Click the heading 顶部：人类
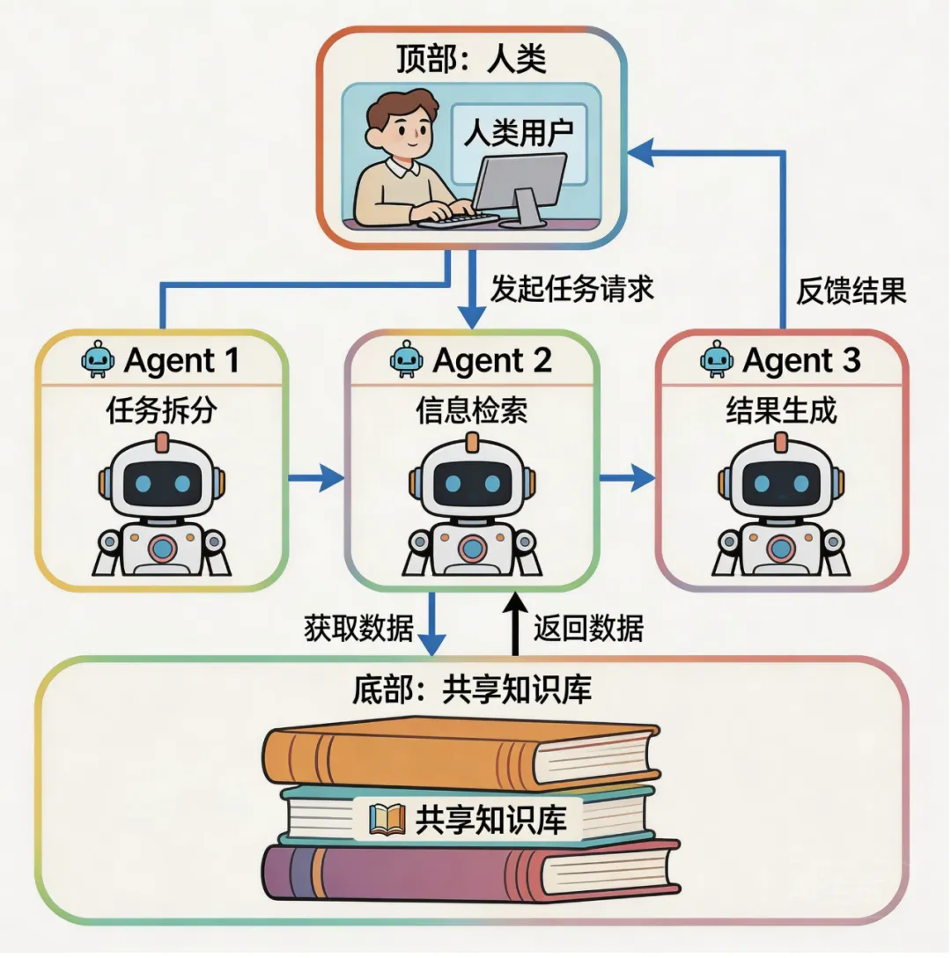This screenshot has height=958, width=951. [x=473, y=60]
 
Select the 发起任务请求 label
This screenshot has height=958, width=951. [x=572, y=290]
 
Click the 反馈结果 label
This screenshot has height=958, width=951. [x=851, y=291]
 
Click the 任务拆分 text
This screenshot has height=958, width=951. [x=161, y=410]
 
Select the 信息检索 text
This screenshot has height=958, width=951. [x=472, y=410]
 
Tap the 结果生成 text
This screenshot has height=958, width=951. [x=781, y=410]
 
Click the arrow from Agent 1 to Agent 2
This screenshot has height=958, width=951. [x=315, y=479]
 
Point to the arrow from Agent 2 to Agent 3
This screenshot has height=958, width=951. [x=628, y=479]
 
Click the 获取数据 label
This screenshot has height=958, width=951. [x=358, y=628]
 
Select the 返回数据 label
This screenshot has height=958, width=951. [x=588, y=628]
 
